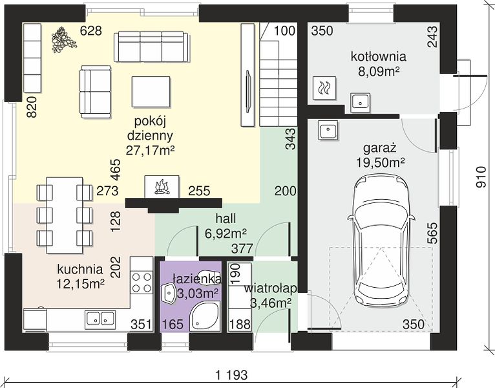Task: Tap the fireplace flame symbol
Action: pos(162,187)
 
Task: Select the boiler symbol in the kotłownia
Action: pos(325,88)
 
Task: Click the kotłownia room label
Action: pos(379,57)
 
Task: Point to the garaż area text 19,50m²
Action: pos(381,163)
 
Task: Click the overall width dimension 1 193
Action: pos(231,375)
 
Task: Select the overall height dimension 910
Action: pos(481,178)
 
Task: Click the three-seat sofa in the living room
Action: pos(152,47)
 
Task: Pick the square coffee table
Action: pos(151,92)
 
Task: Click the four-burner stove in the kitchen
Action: pos(142,283)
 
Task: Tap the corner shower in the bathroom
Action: pos(205,316)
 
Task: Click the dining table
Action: pos(65,215)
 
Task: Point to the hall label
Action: pos(226,219)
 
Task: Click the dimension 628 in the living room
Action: pos(91,31)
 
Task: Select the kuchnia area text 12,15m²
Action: pos(80,284)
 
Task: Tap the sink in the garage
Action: pos(328,129)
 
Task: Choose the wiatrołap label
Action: pos(271,288)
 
